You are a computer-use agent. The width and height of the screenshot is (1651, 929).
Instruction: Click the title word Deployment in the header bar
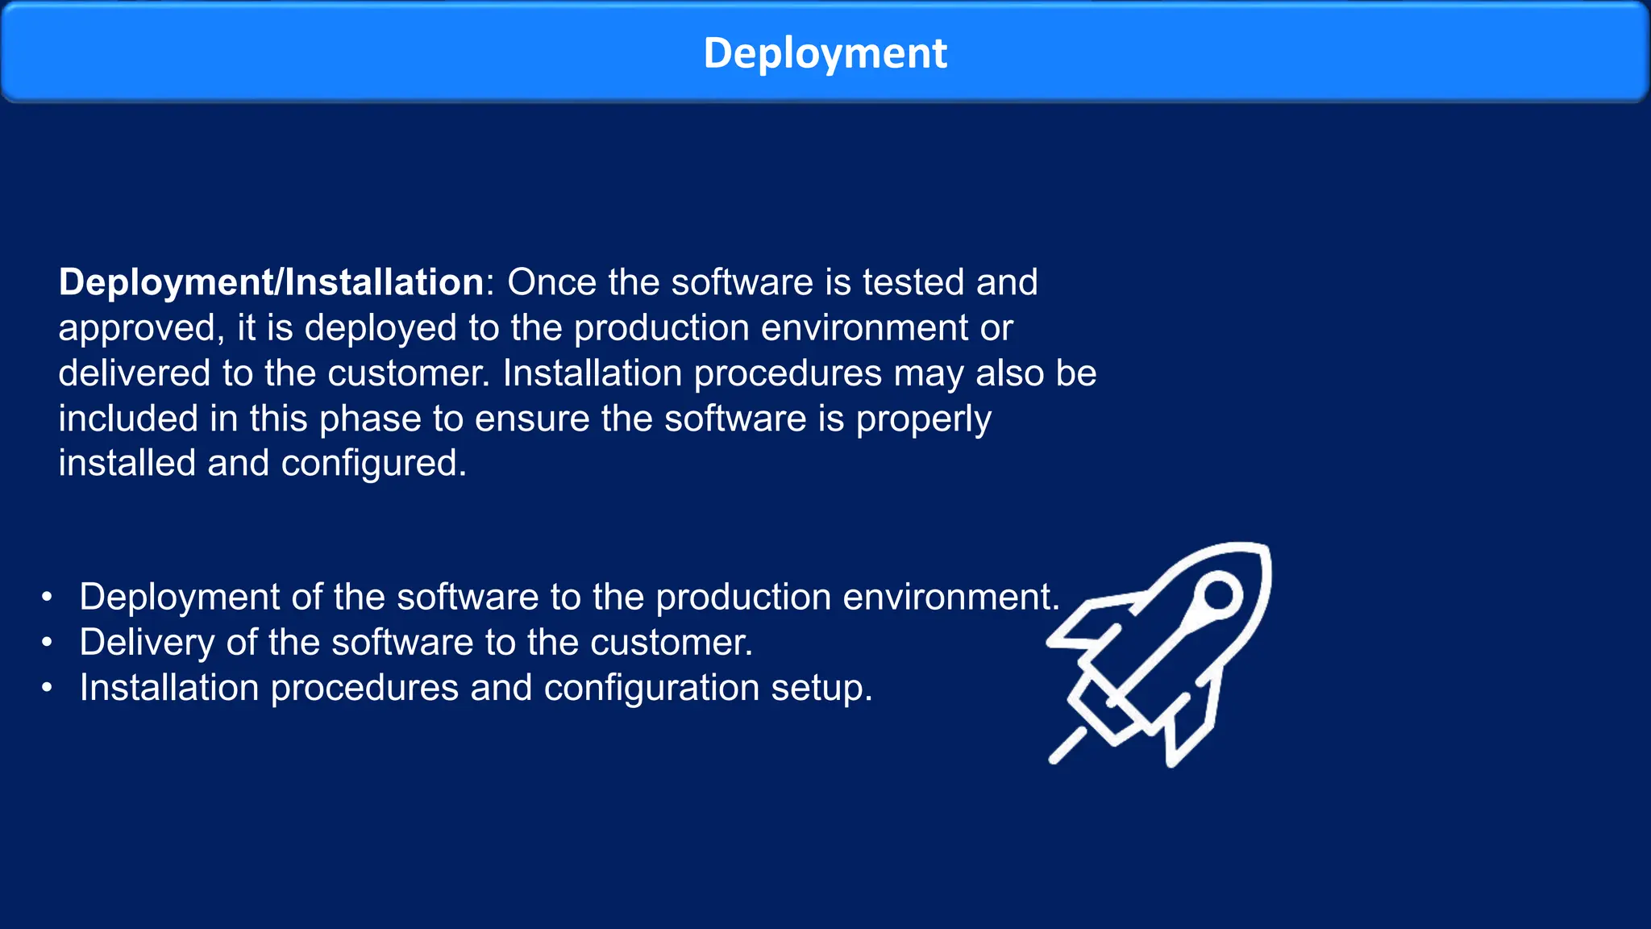(825, 53)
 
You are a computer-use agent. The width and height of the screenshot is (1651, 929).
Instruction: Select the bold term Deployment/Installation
(271, 282)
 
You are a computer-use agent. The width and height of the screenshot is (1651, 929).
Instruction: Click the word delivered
(134, 373)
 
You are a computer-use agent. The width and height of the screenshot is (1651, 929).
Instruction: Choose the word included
(128, 419)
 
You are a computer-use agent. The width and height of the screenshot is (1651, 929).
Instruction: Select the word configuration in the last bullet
(651, 689)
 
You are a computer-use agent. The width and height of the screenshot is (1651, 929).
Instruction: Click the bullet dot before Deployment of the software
(48, 598)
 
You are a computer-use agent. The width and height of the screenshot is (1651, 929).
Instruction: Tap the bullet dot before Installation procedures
(48, 688)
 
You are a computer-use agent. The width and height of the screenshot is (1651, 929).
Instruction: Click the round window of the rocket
(1218, 596)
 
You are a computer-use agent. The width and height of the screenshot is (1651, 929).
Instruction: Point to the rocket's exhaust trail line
(1067, 746)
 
